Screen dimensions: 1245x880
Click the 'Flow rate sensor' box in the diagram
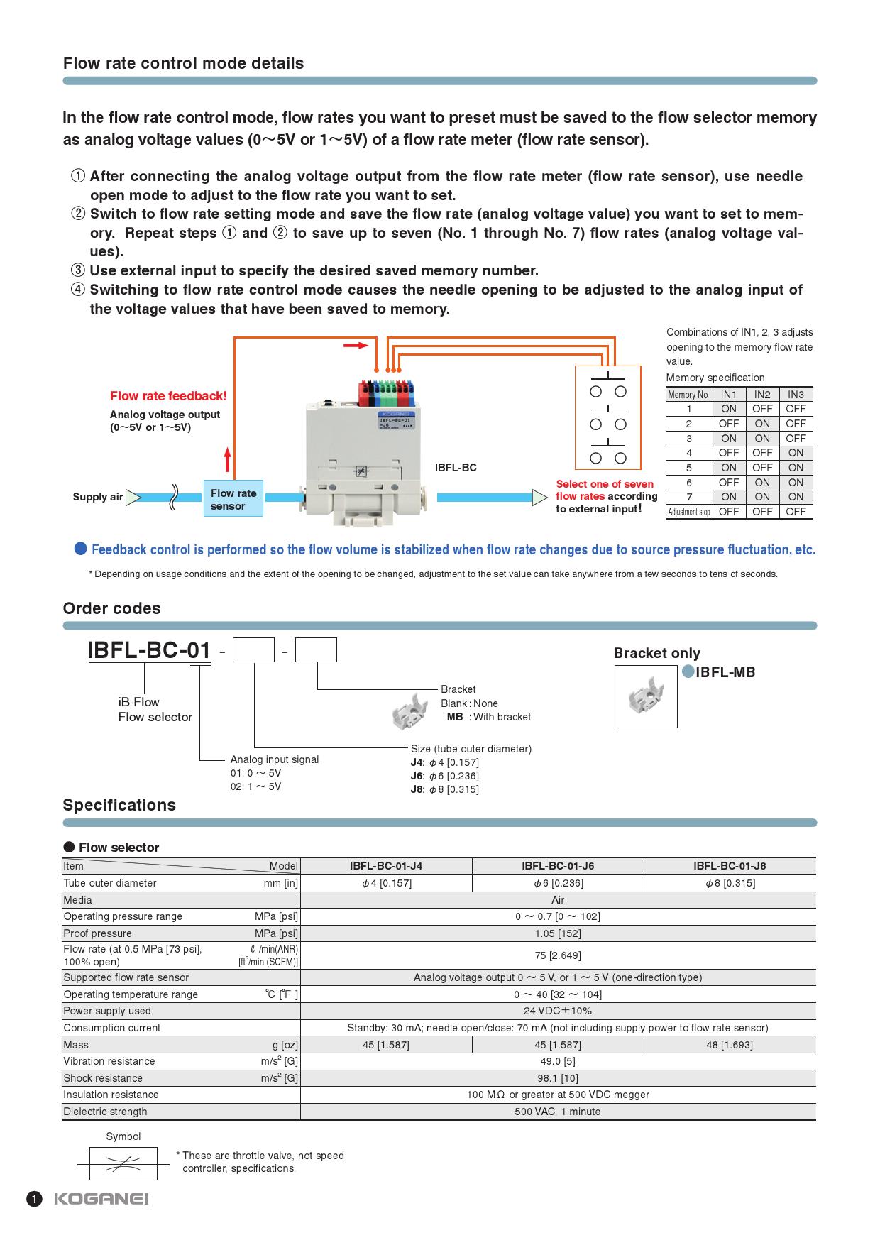pos(233,499)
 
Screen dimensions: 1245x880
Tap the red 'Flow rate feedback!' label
pos(168,396)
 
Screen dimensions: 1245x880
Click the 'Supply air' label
pos(98,497)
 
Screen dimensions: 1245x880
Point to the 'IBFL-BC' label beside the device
pos(456,468)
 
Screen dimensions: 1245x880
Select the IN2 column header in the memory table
pos(762,395)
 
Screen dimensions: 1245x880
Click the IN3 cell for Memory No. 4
pos(796,453)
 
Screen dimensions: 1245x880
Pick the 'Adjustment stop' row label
pos(688,512)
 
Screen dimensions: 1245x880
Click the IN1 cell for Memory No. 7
pos(729,497)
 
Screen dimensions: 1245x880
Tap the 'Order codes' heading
pos(111,608)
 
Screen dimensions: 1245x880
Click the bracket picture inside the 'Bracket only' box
pos(646,696)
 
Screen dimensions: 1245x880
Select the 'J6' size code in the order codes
pos(417,776)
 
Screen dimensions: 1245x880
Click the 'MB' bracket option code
pos(455,717)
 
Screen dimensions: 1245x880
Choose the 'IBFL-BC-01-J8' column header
pos(730,866)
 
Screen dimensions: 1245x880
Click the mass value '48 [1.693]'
pos(730,1045)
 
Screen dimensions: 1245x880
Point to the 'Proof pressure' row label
pos(97,933)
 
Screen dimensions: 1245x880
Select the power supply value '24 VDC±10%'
pos(558,1011)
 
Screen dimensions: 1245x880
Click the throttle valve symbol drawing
pos(123,1163)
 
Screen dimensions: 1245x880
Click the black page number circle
pos(33,1200)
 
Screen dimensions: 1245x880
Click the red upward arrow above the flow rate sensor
pos(227,459)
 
